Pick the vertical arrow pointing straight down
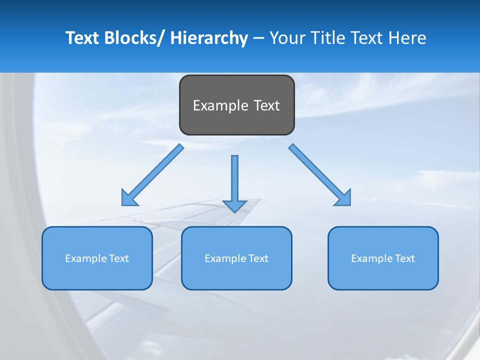coord(234,182)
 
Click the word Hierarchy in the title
coord(209,38)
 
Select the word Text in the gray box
coord(266,105)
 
